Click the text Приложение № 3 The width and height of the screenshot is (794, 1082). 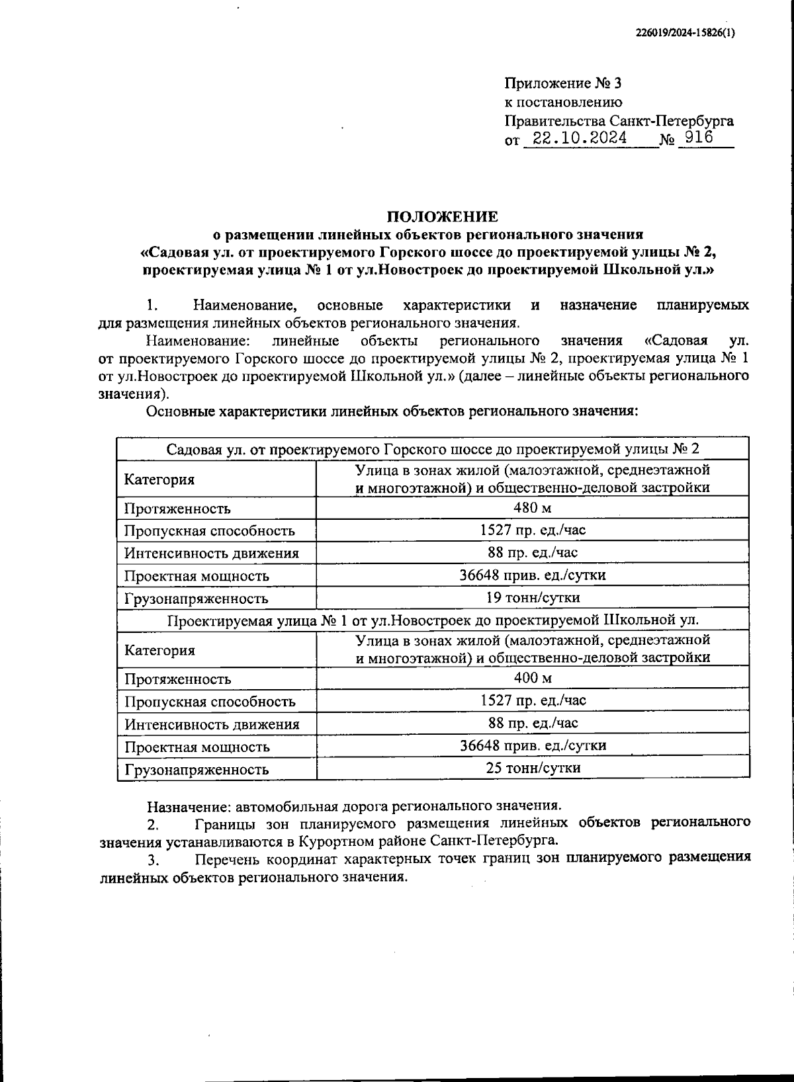tap(562, 83)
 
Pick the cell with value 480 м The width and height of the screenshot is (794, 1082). tap(533, 508)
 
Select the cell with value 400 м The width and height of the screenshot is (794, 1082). tap(533, 678)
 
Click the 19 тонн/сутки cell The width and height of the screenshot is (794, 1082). tap(533, 598)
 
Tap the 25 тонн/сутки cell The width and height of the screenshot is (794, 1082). tap(533, 768)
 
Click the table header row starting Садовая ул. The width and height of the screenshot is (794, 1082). tap(433, 449)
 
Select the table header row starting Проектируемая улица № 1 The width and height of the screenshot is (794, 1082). tap(433, 620)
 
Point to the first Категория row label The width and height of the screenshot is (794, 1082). tap(159, 479)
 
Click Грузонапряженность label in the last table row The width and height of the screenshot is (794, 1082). tap(197, 769)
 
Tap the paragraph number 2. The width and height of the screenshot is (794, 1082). tap(153, 824)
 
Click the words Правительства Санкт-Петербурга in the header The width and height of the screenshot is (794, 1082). tap(619, 121)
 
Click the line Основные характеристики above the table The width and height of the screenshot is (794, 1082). tap(391, 411)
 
